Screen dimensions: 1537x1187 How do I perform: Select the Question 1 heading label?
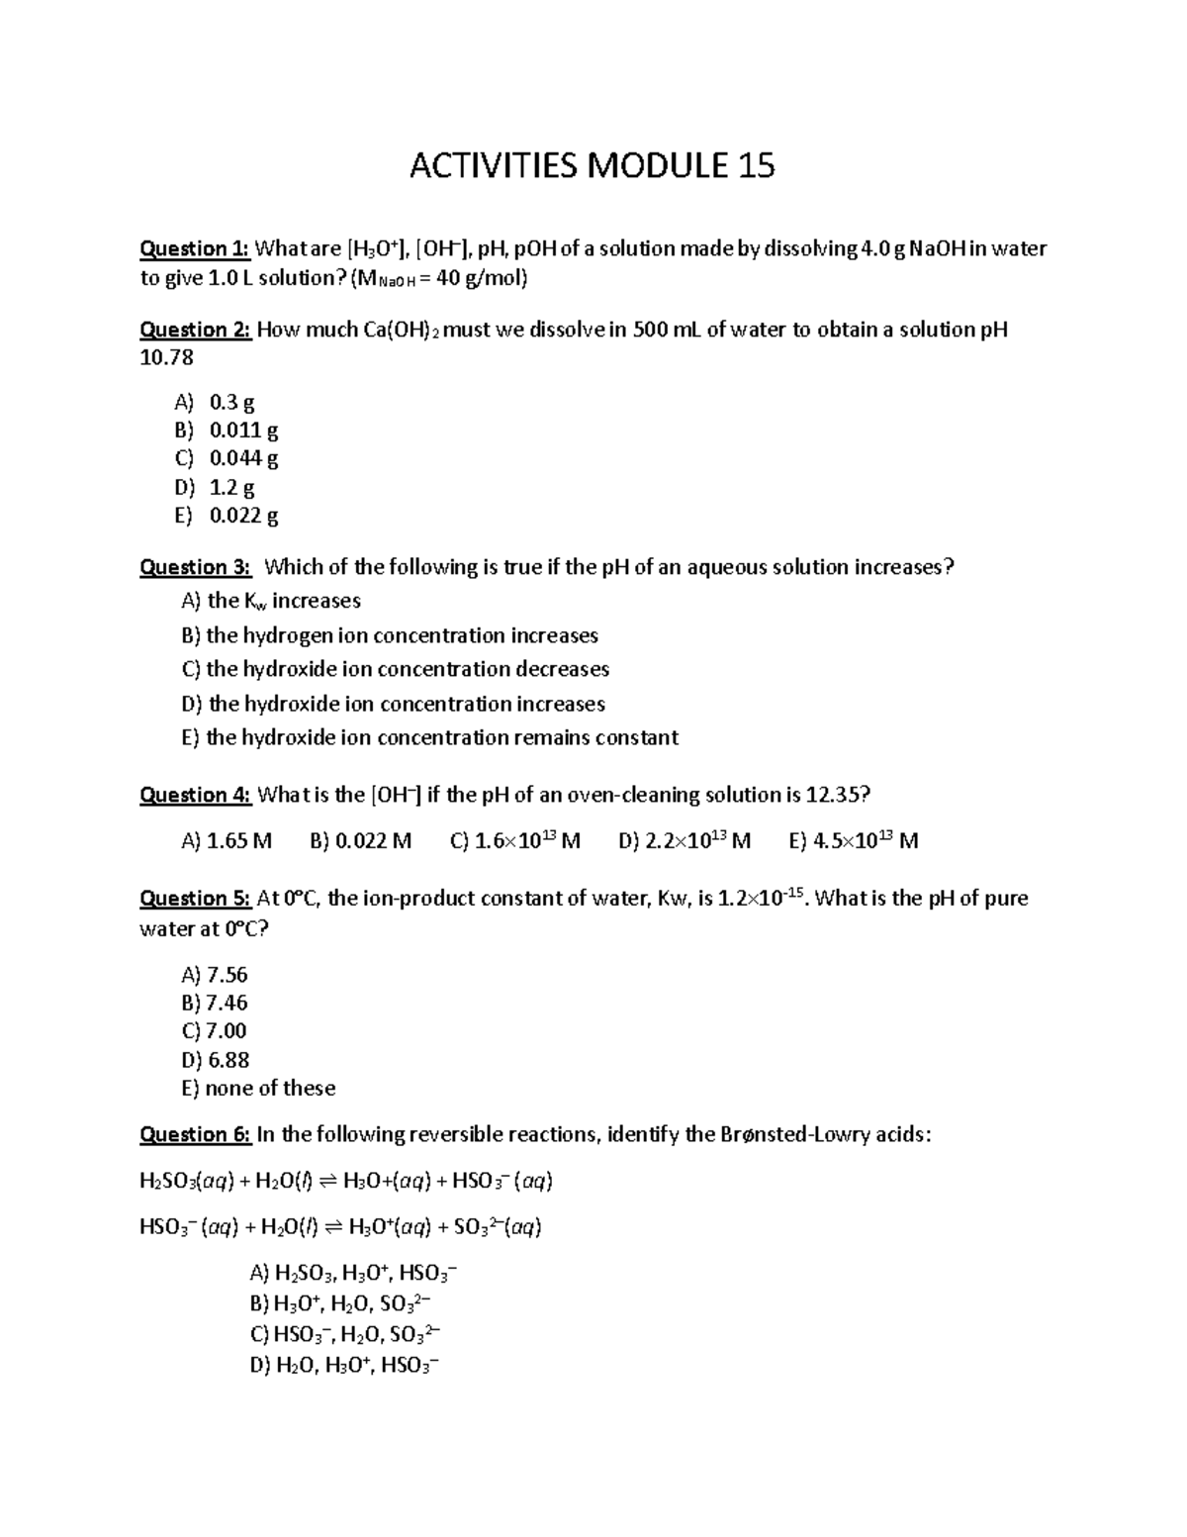pos(196,248)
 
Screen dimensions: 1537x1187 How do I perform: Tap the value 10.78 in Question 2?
pos(167,357)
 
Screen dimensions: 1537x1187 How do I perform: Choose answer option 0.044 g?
pos(243,458)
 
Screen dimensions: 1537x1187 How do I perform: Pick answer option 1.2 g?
pos(232,487)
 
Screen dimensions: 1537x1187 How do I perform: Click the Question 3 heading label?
pos(196,567)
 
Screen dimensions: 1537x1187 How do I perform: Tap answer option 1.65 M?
pos(227,841)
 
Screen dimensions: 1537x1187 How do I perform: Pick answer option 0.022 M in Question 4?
pos(360,841)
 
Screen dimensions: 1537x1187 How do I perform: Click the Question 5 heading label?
pos(196,899)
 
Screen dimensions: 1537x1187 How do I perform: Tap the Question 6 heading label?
pos(196,1134)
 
